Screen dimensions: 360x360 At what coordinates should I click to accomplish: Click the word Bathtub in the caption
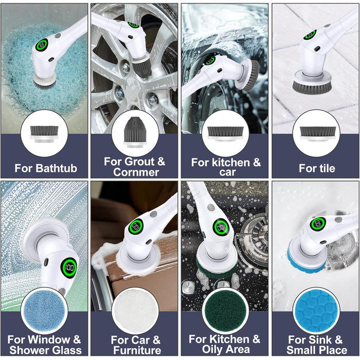click(x=56, y=168)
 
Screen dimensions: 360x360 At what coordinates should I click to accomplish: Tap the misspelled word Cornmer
click(x=136, y=172)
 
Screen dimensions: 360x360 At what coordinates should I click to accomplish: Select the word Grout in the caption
click(x=140, y=161)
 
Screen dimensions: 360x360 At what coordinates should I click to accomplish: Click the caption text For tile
click(x=317, y=168)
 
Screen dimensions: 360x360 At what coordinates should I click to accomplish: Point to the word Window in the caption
click(x=49, y=339)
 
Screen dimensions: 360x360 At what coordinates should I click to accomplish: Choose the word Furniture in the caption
click(x=137, y=350)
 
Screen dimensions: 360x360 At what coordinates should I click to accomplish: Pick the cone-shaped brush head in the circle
click(x=135, y=133)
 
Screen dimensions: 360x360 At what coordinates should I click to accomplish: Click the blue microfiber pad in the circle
click(x=44, y=310)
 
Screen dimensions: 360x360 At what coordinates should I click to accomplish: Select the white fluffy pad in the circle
click(x=135, y=310)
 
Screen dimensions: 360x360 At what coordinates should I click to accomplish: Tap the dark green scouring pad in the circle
click(x=225, y=311)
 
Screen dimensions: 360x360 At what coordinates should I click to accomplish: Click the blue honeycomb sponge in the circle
click(x=316, y=311)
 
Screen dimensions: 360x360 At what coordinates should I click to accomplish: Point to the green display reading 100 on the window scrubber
click(x=69, y=267)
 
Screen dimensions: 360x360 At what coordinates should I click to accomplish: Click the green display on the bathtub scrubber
click(x=42, y=45)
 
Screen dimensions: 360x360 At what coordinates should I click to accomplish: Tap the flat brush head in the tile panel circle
click(x=316, y=134)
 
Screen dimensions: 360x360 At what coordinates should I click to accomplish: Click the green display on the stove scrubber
click(x=221, y=227)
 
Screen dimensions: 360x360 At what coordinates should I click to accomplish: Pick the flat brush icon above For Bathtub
click(x=44, y=134)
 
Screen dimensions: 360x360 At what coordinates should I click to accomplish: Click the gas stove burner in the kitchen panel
click(x=255, y=239)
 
